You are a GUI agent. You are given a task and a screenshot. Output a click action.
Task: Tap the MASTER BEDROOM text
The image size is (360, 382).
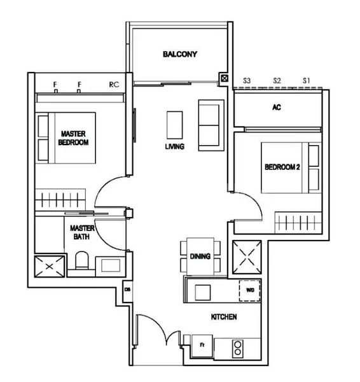pyautogui.click(x=74, y=138)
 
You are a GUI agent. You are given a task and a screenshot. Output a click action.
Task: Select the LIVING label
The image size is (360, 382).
pyautogui.click(x=174, y=146)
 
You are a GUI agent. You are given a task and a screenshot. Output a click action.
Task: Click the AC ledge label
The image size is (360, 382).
pyautogui.click(x=276, y=108)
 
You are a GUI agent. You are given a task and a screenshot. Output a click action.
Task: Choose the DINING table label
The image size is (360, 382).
pyautogui.click(x=200, y=256)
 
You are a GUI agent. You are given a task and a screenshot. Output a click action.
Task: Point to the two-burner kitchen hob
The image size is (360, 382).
pyautogui.click(x=237, y=348)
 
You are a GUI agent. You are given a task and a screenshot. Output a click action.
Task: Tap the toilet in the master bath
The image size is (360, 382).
pyautogui.click(x=81, y=261)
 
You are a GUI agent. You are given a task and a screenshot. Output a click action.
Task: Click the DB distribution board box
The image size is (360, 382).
pyautogui.click(x=127, y=292)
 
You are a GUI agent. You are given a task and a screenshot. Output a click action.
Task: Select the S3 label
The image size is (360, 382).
pyautogui.click(x=247, y=80)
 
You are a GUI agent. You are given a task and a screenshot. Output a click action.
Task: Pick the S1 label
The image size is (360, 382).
pyautogui.click(x=306, y=80)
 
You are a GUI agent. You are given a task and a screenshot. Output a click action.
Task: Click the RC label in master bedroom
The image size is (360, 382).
pyautogui.click(x=114, y=83)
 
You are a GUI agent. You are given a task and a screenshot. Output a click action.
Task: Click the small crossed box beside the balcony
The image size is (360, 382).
pyautogui.click(x=224, y=79)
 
